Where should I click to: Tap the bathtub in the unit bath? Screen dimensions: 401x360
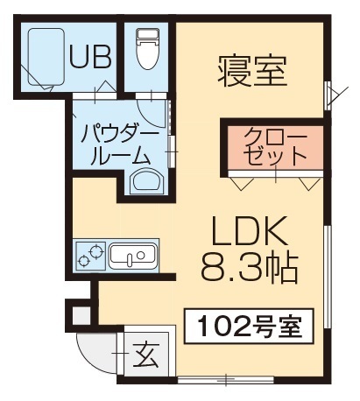(x=46, y=57)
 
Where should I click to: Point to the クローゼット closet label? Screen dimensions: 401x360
(x=275, y=147)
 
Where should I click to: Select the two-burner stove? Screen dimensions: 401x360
(x=89, y=255)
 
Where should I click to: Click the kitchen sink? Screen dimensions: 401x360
(x=132, y=256)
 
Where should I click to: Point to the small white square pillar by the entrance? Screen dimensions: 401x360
(x=78, y=313)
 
